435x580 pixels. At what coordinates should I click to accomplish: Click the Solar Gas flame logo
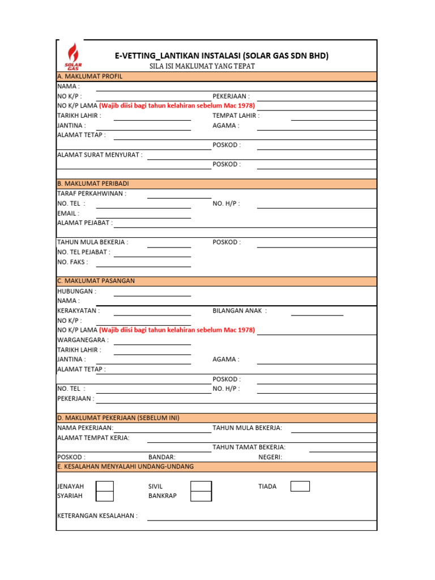click(x=72, y=56)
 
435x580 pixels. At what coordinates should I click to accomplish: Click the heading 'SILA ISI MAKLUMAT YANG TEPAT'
click(x=202, y=66)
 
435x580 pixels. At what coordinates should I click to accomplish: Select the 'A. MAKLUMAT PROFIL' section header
click(x=89, y=76)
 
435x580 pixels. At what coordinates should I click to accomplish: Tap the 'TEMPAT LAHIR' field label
click(x=236, y=116)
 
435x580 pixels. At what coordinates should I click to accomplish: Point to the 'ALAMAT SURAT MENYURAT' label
click(x=100, y=155)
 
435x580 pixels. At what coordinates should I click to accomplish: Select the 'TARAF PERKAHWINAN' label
click(x=92, y=194)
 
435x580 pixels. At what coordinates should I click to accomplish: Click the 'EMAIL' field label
click(x=68, y=214)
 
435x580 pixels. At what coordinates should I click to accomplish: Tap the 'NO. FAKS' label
click(x=72, y=262)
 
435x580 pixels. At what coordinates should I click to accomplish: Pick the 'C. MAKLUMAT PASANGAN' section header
click(x=96, y=281)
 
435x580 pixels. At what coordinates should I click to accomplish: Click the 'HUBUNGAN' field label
click(x=76, y=291)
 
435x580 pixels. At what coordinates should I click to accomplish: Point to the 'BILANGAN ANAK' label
click(x=239, y=311)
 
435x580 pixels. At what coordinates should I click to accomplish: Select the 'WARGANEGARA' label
click(x=83, y=340)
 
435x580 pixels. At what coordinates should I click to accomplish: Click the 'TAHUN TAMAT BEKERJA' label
click(x=249, y=447)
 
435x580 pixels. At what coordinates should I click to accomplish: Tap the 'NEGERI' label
click(x=270, y=457)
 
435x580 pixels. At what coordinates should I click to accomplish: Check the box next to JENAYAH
click(x=105, y=487)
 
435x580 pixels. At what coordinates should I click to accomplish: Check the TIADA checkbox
click(x=300, y=487)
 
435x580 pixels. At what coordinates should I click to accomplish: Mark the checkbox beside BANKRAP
click(x=201, y=496)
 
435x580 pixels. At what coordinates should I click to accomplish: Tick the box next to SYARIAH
click(x=105, y=496)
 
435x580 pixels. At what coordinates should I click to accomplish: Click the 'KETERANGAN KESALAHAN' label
click(x=97, y=516)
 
